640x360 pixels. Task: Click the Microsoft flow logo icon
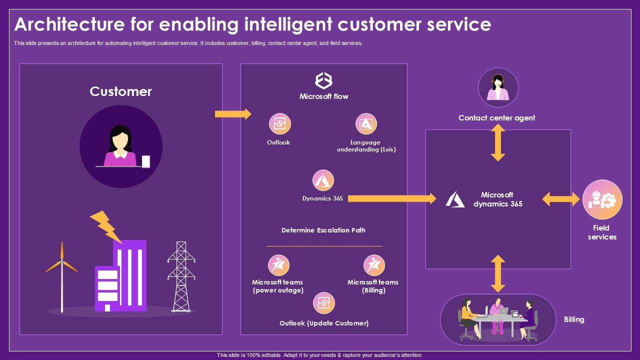tap(323, 80)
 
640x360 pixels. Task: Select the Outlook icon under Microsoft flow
tap(279, 123)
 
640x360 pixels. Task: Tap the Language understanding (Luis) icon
tap(366, 123)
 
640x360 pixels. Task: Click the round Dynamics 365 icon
tap(323, 180)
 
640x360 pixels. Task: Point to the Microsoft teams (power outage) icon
tap(278, 265)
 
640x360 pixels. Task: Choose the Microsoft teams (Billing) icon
tap(373, 265)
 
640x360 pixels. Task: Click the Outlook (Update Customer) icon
tap(324, 303)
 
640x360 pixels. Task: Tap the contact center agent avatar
tap(497, 88)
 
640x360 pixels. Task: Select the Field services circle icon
tap(602, 200)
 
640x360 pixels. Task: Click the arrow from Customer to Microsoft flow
tap(232, 114)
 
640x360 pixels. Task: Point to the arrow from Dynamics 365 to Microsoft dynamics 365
tap(392, 198)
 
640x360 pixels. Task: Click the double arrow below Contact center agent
tap(497, 142)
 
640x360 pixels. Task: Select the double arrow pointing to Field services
tap(561, 199)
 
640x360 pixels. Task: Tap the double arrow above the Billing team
tap(497, 273)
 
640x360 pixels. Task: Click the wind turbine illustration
tap(62, 275)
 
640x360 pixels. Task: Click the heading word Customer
tap(120, 91)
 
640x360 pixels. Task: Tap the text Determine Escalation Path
tap(323, 230)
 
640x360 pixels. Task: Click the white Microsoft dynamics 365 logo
tap(455, 199)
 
